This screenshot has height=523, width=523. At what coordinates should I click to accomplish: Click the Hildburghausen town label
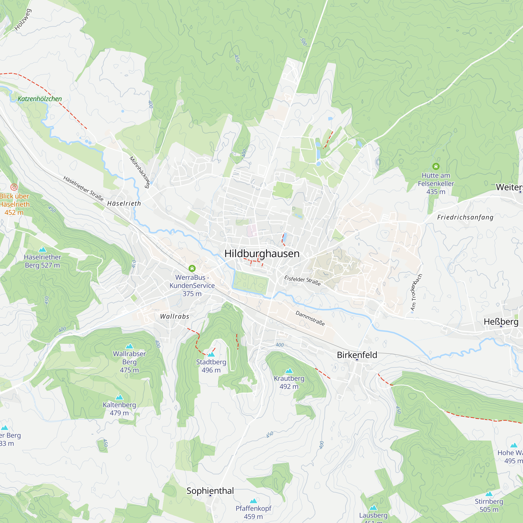[262, 254]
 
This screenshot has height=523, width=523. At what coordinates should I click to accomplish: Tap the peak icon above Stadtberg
[211, 354]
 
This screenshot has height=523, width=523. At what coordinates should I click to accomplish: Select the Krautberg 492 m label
[289, 382]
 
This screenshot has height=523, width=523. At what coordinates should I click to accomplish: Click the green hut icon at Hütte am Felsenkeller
[436, 166]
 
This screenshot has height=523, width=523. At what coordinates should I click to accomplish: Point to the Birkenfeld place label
[357, 355]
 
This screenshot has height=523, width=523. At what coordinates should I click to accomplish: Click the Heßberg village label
[501, 322]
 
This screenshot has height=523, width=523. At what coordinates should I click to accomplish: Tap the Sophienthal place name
[210, 491]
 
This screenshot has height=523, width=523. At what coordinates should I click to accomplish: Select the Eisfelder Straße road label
[302, 280]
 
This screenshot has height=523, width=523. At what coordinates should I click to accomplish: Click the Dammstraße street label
[310, 318]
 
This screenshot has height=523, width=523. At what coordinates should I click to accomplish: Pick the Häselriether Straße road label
[83, 188]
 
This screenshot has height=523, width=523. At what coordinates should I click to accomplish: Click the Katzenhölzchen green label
[40, 99]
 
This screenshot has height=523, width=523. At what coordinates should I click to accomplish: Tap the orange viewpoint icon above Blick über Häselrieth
[14, 187]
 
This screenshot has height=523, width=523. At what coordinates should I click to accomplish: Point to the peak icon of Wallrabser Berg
[129, 346]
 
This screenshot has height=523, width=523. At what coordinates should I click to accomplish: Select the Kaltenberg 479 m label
[120, 409]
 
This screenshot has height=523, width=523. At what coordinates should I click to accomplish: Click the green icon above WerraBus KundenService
[192, 268]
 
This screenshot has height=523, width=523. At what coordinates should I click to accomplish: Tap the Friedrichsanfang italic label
[465, 217]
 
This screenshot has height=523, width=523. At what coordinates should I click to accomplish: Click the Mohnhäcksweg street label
[140, 172]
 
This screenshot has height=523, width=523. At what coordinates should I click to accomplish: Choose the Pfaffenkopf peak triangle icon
[253, 501]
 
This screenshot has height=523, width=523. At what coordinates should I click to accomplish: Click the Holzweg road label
[23, 20]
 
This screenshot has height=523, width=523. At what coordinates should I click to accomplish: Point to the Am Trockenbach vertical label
[416, 292]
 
